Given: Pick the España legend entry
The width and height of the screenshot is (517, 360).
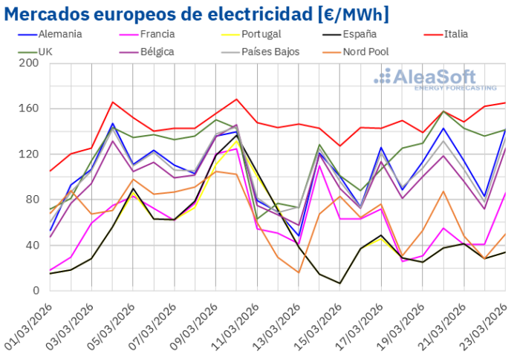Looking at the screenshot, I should click(x=360, y=34).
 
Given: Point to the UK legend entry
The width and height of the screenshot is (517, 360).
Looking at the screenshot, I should click(x=44, y=52).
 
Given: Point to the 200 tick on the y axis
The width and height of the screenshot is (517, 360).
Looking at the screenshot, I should click(x=28, y=63).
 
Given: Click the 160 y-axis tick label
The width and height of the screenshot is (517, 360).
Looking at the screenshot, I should click(x=28, y=108).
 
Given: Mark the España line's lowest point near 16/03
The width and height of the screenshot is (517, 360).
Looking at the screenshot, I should click(x=339, y=283).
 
